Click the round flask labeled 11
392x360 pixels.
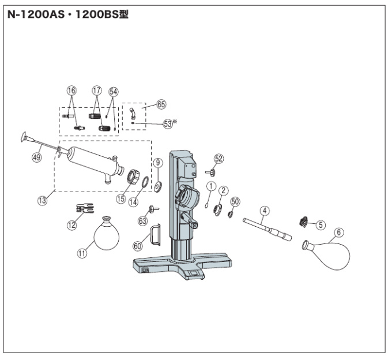point(106,235)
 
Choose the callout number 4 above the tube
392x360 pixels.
point(265,211)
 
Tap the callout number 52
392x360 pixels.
point(219,158)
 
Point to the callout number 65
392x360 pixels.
point(161,104)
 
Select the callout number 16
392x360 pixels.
point(71,91)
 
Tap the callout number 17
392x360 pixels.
point(97,91)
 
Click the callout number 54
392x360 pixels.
point(113,91)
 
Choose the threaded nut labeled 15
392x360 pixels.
point(133,174)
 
